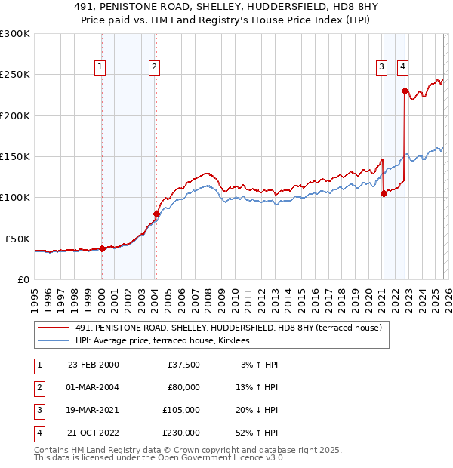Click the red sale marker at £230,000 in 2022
[x=405, y=91]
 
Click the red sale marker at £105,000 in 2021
[x=384, y=193]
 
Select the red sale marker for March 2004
[x=156, y=214]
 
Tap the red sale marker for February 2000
[x=102, y=248]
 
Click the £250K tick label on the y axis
[x=15, y=75]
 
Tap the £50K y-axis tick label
[x=17, y=239]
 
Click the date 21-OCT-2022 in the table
[x=93, y=433]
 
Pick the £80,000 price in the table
[x=183, y=387]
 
